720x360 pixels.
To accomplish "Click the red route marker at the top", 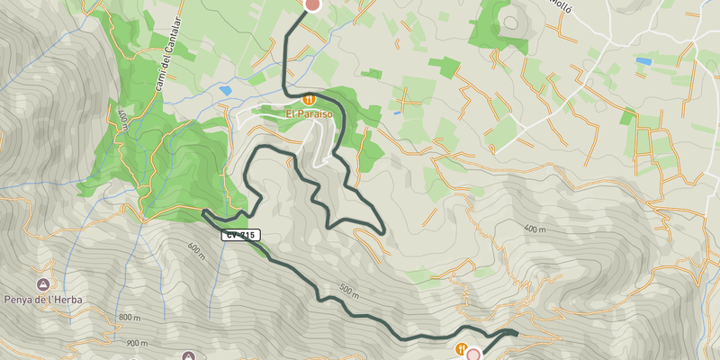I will pos(312,4).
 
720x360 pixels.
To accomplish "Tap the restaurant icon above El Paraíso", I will pos(309,99).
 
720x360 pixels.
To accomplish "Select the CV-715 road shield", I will pos(241,235).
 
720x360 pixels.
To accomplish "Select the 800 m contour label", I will pos(130,318).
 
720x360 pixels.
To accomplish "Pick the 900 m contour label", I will pos(137,343).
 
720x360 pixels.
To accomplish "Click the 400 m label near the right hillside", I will pos(533,230).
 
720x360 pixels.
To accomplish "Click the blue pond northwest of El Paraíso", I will pos(225,91).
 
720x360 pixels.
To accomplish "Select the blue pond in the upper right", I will pos(643,61).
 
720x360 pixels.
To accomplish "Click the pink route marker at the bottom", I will pos(473,355).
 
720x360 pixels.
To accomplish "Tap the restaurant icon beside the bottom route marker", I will pos(460,348).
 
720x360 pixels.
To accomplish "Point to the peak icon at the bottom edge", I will pos(188,355).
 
